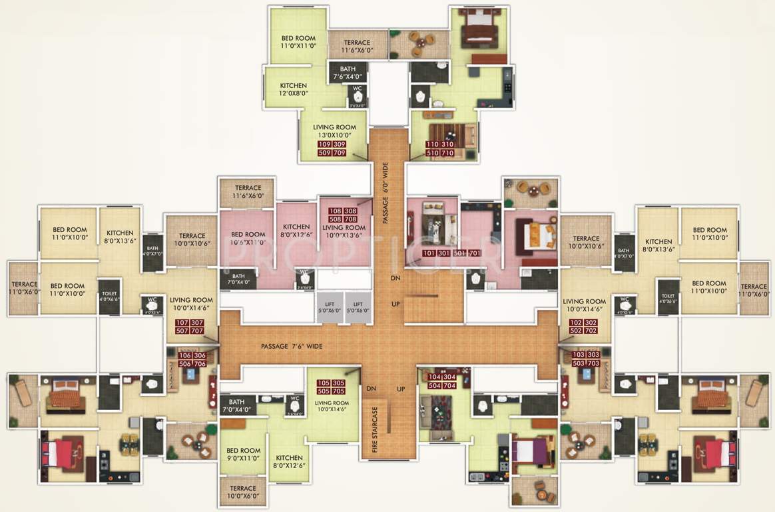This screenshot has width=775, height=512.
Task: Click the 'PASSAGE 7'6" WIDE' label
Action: tap(292, 347)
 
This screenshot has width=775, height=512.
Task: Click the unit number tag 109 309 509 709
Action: tap(332, 149)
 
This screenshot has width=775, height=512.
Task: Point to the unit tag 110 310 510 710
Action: tap(440, 149)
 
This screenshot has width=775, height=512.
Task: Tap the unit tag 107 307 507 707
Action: tap(189, 327)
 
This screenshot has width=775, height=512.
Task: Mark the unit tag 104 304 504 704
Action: tap(442, 381)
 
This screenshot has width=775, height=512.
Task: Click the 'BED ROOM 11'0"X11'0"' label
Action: tap(298, 41)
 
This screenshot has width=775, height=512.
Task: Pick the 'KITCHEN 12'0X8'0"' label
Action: tap(293, 89)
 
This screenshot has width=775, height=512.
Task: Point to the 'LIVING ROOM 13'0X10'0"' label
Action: tap(332, 130)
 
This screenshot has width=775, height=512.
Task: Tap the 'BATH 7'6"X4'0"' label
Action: tap(348, 73)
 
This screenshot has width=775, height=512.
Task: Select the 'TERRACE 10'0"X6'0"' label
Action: tap(242, 493)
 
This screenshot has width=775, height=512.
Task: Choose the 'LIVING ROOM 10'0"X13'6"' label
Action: tap(344, 231)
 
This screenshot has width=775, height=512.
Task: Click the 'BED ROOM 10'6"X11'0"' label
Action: tap(248, 238)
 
